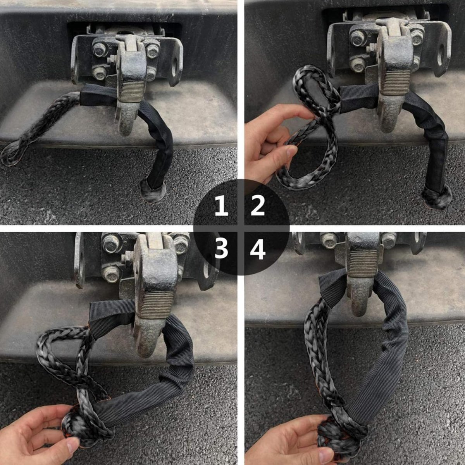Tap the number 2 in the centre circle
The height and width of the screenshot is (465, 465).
pos(258,206)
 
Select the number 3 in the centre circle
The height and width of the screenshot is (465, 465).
pos(221,250)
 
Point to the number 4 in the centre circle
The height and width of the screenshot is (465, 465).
pos(258,250)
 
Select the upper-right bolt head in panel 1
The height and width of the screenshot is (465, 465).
pos(153,51)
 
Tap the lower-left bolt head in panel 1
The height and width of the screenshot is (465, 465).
pos(100,73)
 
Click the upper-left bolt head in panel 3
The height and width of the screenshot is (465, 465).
pos(112,242)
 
